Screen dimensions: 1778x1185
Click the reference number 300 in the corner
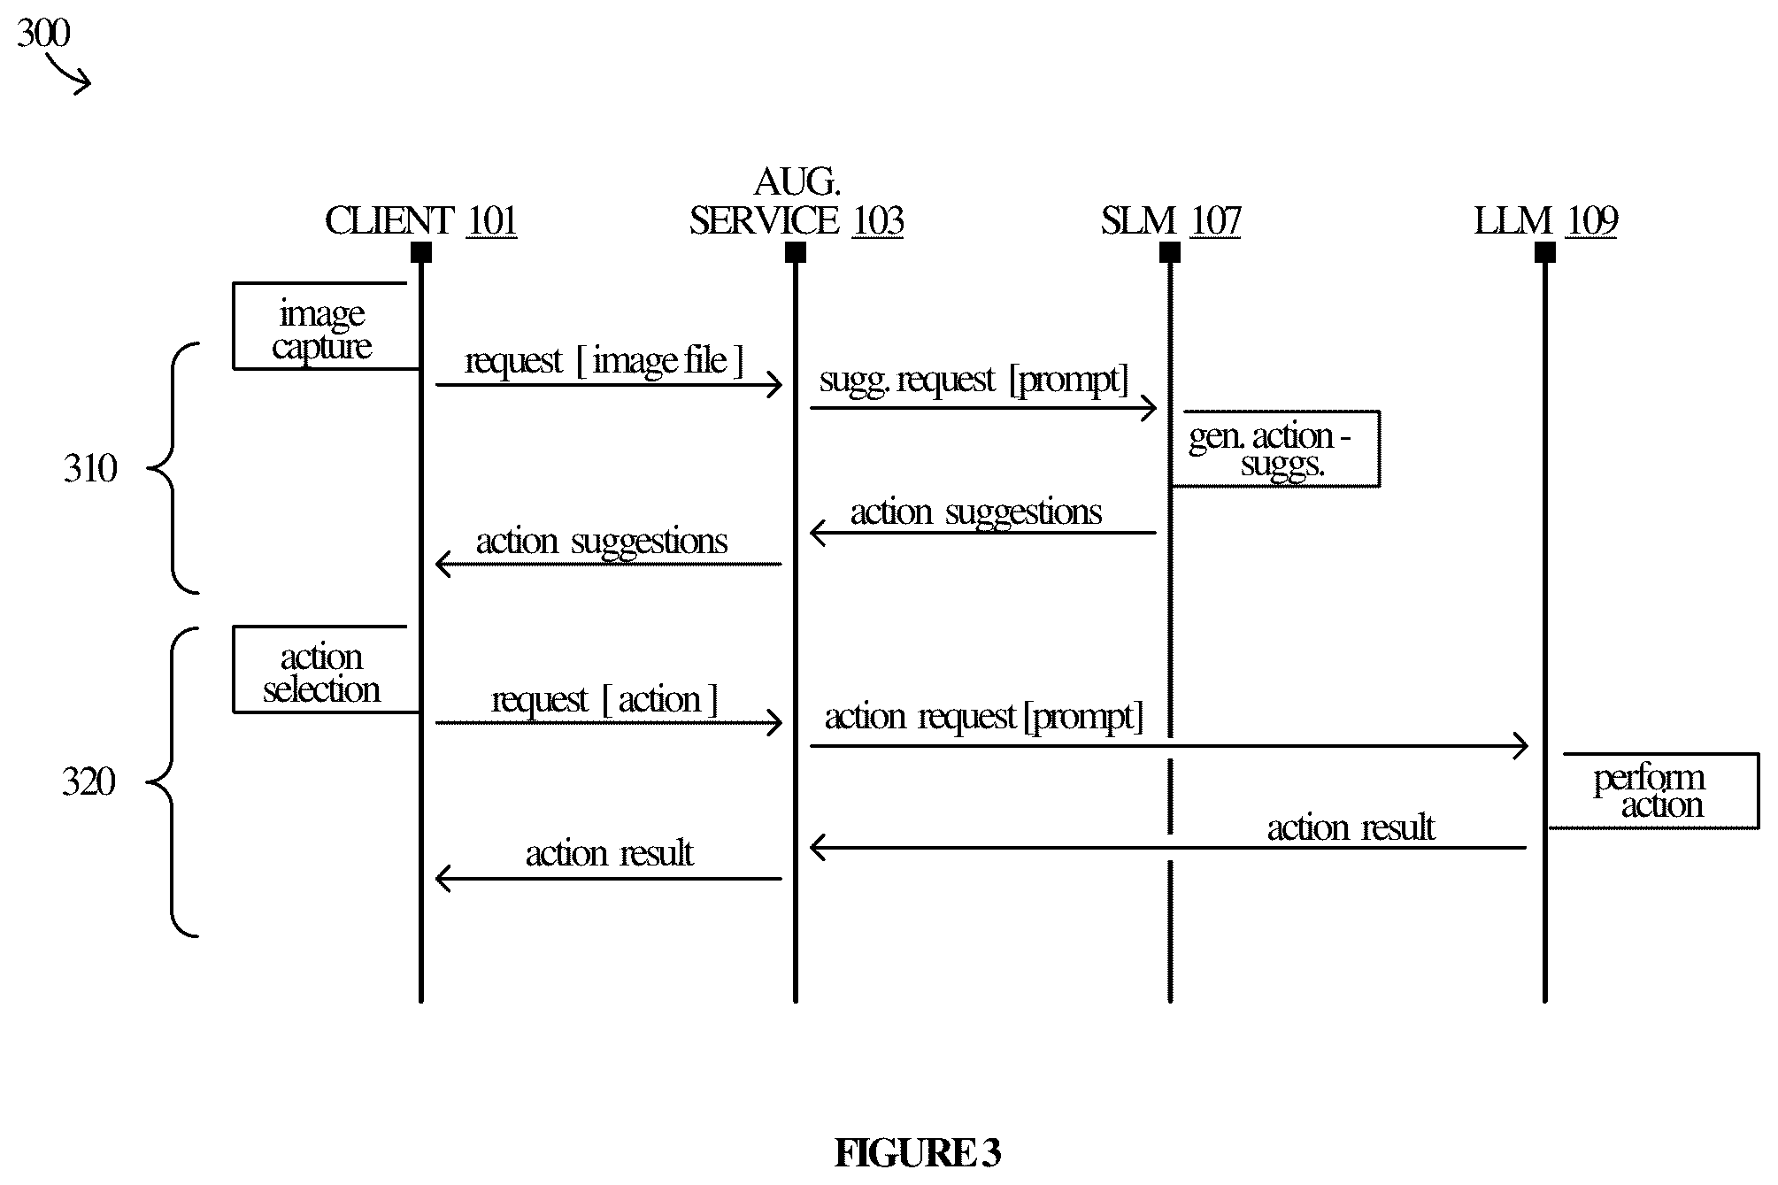(43, 34)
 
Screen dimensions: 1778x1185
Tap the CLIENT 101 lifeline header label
(420, 220)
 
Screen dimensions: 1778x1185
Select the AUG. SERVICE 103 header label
(797, 202)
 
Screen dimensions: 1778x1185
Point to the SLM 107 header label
(1170, 220)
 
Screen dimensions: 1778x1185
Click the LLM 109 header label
(1545, 220)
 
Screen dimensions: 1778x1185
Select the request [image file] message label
(604, 361)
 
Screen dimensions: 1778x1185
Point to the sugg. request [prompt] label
(974, 380)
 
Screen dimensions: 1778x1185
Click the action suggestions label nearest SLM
(976, 512)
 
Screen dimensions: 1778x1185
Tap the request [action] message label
(604, 700)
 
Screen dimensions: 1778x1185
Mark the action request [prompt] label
(983, 717)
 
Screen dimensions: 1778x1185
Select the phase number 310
(90, 468)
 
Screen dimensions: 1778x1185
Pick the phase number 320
(89, 782)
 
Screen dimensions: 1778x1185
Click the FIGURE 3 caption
(918, 1153)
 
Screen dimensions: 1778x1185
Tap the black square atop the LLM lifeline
(1545, 253)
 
